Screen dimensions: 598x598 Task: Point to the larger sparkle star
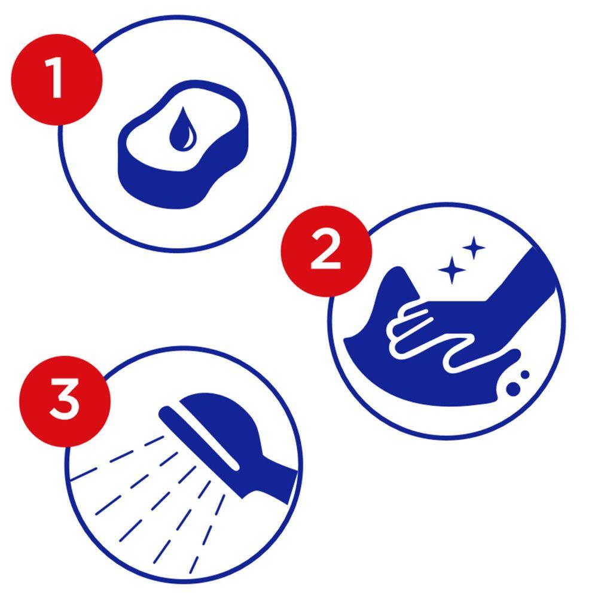pos(452,270)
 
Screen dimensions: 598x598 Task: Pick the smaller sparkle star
pos(474,248)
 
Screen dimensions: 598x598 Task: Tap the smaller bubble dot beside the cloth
pos(525,375)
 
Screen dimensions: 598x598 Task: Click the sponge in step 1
pos(184,144)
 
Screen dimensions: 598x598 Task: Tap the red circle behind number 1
pos(57,80)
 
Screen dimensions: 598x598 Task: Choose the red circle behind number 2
pos(326,251)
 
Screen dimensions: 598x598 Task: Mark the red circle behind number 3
pos(65,401)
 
